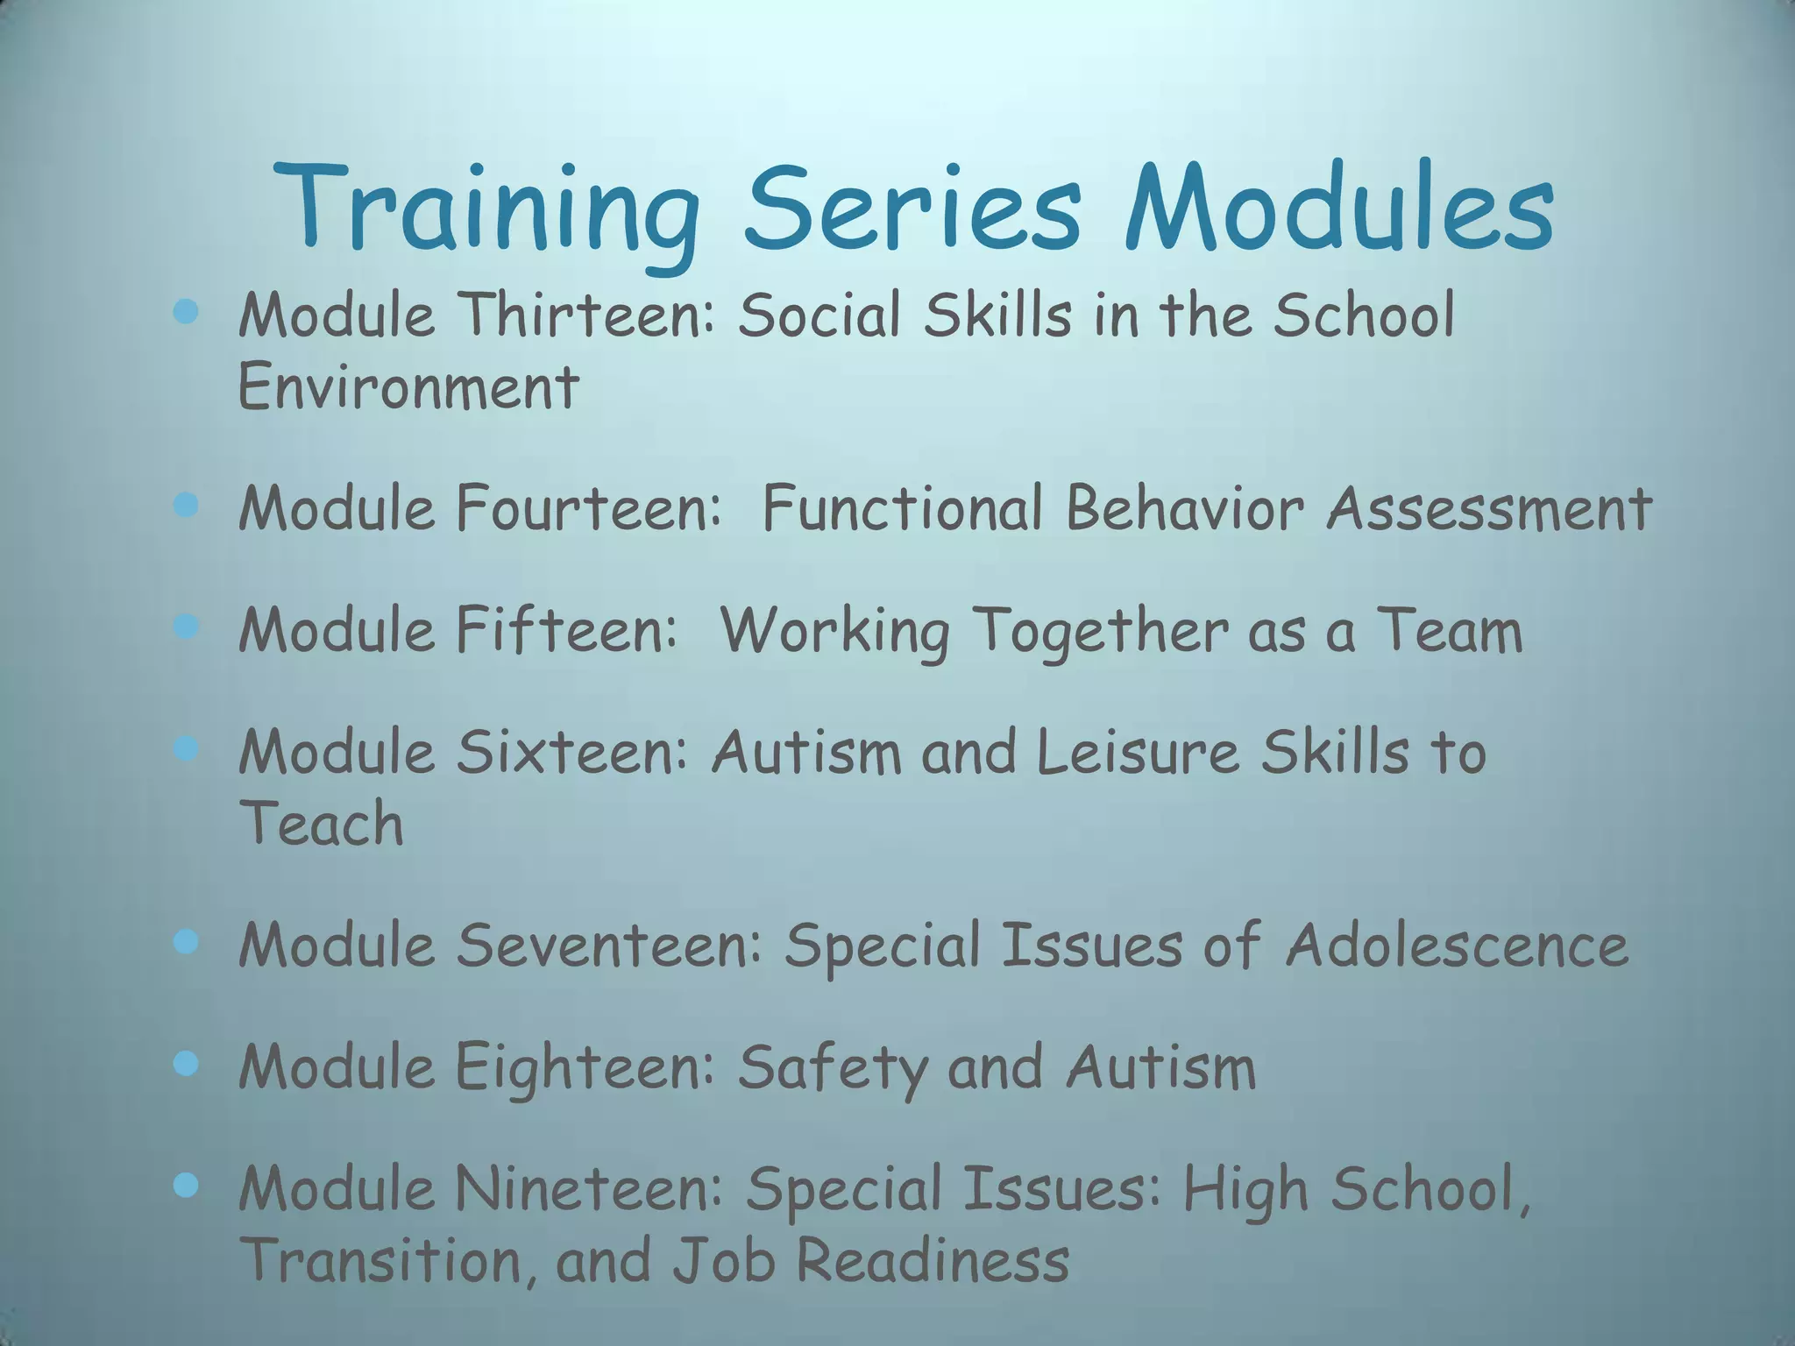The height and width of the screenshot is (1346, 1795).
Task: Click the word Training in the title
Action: tap(487, 210)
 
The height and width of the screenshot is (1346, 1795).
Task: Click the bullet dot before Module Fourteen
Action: tap(186, 505)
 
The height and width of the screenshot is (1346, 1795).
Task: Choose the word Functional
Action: tap(902, 507)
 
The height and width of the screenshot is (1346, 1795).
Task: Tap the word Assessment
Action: tap(1489, 507)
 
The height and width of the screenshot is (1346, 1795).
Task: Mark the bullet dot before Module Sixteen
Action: tap(186, 748)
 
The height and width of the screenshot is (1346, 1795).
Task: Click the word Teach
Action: tap(321, 824)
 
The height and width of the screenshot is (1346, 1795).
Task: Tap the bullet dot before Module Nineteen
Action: tap(186, 1186)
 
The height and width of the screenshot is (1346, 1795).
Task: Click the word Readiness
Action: tap(933, 1260)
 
